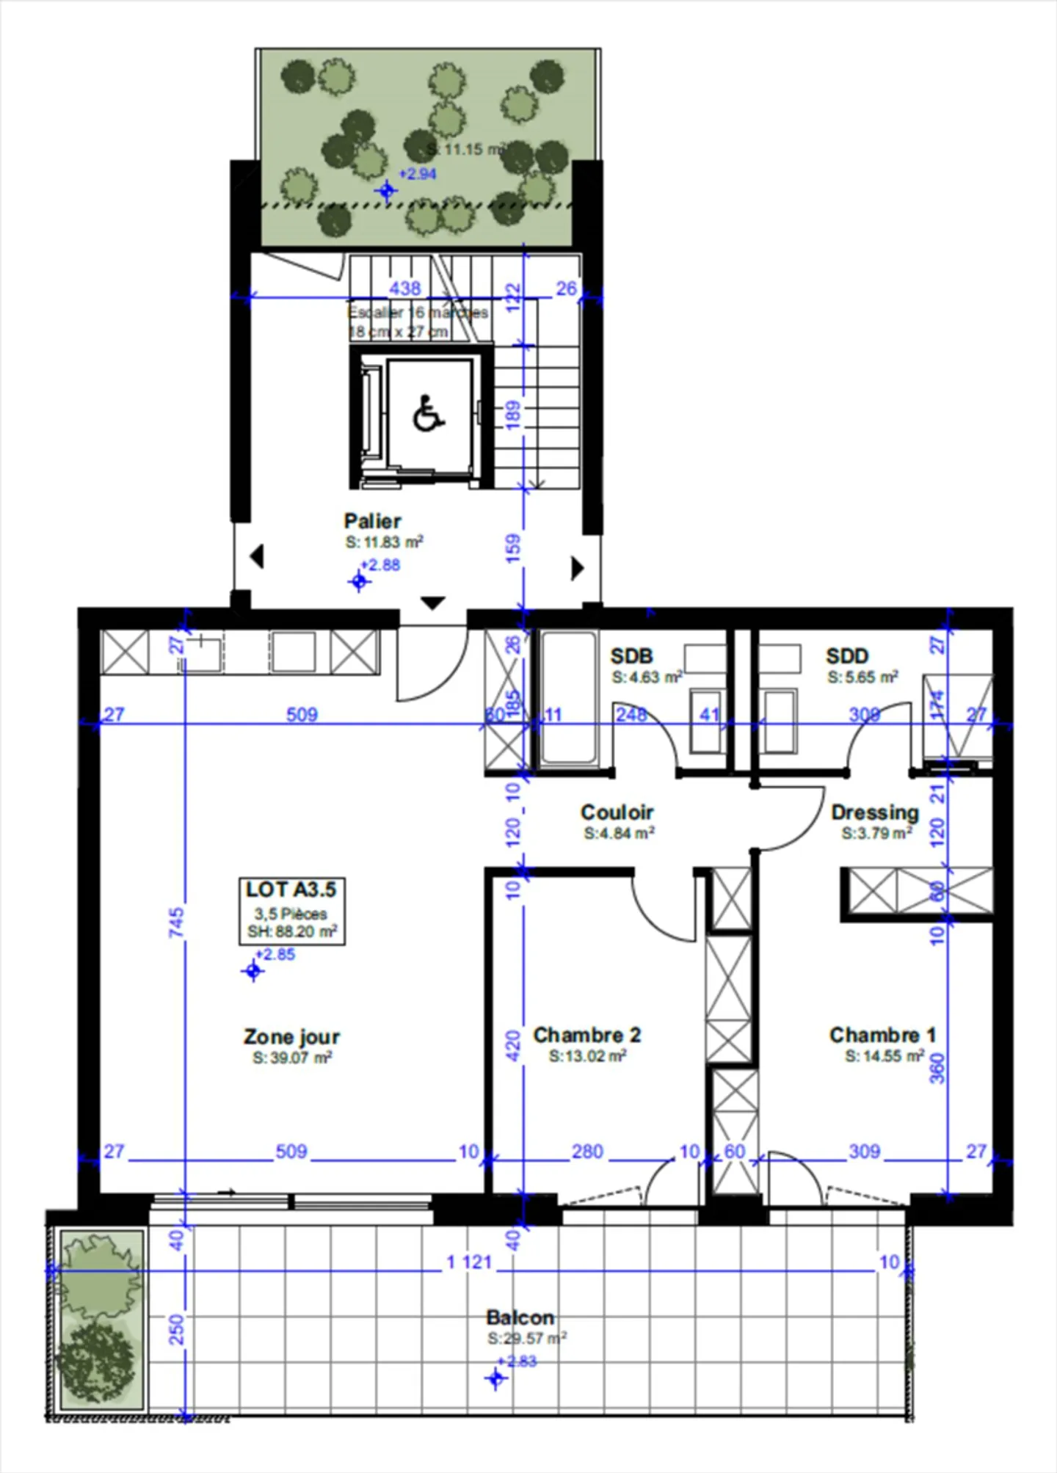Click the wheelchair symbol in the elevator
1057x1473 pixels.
click(x=429, y=414)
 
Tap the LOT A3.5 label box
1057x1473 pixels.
click(x=291, y=910)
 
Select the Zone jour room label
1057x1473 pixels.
click(x=291, y=1037)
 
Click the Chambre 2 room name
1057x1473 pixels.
click(x=586, y=1035)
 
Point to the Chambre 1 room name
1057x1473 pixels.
click(x=882, y=1035)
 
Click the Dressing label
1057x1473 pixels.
click(x=875, y=812)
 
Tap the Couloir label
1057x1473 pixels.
click(x=617, y=812)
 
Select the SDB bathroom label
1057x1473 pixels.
click(x=631, y=656)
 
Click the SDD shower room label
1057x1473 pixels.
click(x=847, y=656)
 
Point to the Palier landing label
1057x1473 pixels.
click(x=373, y=521)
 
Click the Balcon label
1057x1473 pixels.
click(x=520, y=1317)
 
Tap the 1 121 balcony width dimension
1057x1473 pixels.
click(x=469, y=1262)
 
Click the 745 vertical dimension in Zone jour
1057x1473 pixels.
click(x=177, y=922)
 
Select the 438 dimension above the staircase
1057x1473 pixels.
click(x=405, y=288)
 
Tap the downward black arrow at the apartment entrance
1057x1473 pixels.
click(x=433, y=603)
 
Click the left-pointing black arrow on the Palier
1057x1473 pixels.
click(x=256, y=556)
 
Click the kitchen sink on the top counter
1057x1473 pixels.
click(x=200, y=652)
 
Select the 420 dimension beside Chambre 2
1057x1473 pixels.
click(x=513, y=1045)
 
